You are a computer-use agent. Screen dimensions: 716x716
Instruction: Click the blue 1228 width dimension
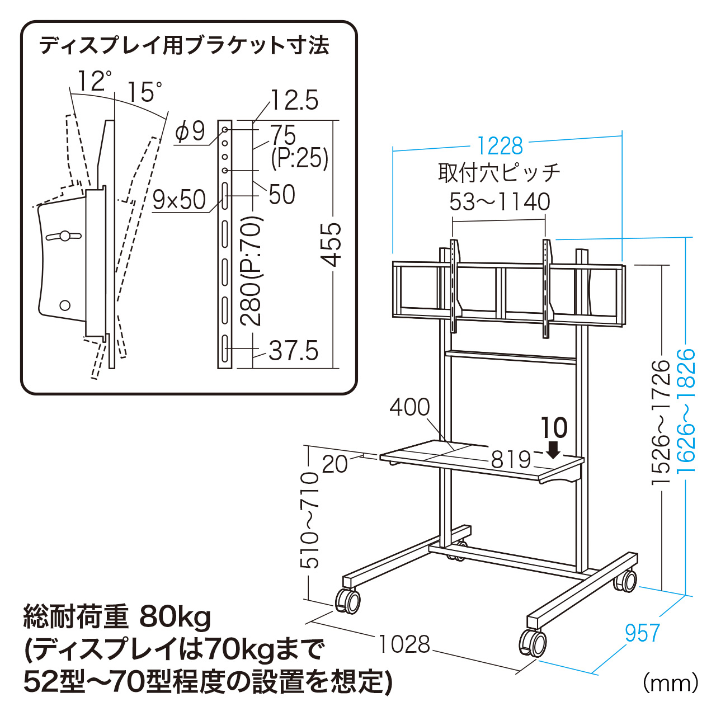coord(500,147)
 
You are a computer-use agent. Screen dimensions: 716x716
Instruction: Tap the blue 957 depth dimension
coord(642,633)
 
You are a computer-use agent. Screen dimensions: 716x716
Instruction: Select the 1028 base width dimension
coord(404,644)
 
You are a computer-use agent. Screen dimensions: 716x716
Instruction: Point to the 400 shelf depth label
coord(409,407)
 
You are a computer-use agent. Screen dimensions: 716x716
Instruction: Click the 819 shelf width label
coord(511,460)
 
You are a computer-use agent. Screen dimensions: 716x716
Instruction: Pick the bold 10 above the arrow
coord(554,428)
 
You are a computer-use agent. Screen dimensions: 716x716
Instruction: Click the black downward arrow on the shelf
coord(553,449)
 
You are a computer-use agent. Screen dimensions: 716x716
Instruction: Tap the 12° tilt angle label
coord(94,82)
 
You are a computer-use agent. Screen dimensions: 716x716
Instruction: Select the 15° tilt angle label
coord(144,92)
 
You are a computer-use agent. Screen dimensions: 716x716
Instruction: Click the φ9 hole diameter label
coord(190,132)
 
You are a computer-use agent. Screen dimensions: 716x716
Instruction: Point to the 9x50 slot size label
coord(179,200)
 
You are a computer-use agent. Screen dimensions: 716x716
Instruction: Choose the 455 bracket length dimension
coord(331,244)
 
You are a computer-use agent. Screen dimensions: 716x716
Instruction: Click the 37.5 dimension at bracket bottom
coord(293,351)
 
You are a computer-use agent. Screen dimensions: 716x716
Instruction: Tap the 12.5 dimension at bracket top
coord(294,101)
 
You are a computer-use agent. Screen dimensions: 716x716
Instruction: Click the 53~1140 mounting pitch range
coord(500,202)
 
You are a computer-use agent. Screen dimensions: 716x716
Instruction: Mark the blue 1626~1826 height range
coord(686,411)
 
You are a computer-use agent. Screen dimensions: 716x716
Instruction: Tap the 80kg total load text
coord(175,618)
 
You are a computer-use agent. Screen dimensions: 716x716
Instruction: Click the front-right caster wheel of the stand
coord(533,642)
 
